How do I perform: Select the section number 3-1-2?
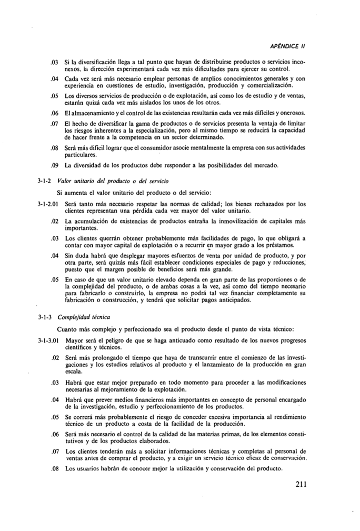[46, 181]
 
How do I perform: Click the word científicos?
[81, 347]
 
